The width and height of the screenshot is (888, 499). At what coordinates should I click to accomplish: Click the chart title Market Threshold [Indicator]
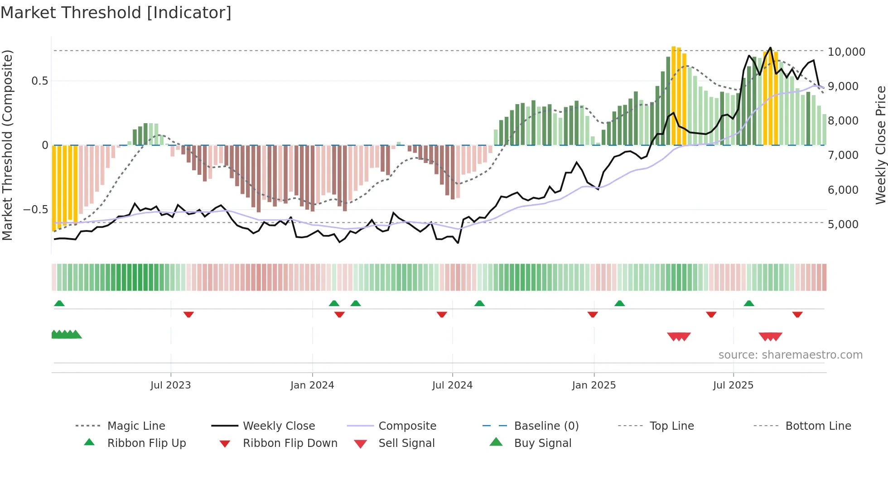(116, 13)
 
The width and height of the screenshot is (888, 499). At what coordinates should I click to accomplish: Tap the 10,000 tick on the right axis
(846, 52)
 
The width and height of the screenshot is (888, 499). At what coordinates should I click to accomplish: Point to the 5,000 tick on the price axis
(843, 224)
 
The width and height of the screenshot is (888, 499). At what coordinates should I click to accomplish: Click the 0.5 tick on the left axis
(39, 81)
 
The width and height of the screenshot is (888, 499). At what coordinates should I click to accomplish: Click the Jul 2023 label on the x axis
(170, 385)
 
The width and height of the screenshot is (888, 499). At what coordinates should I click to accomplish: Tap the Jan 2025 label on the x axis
(594, 385)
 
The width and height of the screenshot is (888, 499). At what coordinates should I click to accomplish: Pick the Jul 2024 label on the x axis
(452, 385)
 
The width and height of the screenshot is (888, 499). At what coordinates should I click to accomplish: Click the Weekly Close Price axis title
(880, 145)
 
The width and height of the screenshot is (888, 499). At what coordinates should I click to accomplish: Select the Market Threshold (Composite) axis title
(7, 145)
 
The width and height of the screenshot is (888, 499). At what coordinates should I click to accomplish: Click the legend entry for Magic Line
(136, 426)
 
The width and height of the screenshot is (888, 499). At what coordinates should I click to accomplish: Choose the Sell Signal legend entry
(406, 443)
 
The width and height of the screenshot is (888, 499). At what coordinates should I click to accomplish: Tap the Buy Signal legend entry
(542, 443)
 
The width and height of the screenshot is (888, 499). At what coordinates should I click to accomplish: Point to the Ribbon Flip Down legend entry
(290, 443)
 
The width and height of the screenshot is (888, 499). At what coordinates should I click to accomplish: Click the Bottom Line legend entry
(818, 426)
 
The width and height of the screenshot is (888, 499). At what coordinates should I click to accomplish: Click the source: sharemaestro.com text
(790, 355)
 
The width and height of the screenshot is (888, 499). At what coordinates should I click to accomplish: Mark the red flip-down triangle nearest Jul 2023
(188, 314)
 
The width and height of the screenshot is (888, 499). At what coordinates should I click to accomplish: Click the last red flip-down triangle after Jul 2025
(797, 314)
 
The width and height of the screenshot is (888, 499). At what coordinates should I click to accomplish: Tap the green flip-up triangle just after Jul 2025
(749, 303)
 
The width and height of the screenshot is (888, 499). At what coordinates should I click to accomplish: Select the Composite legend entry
(407, 426)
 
